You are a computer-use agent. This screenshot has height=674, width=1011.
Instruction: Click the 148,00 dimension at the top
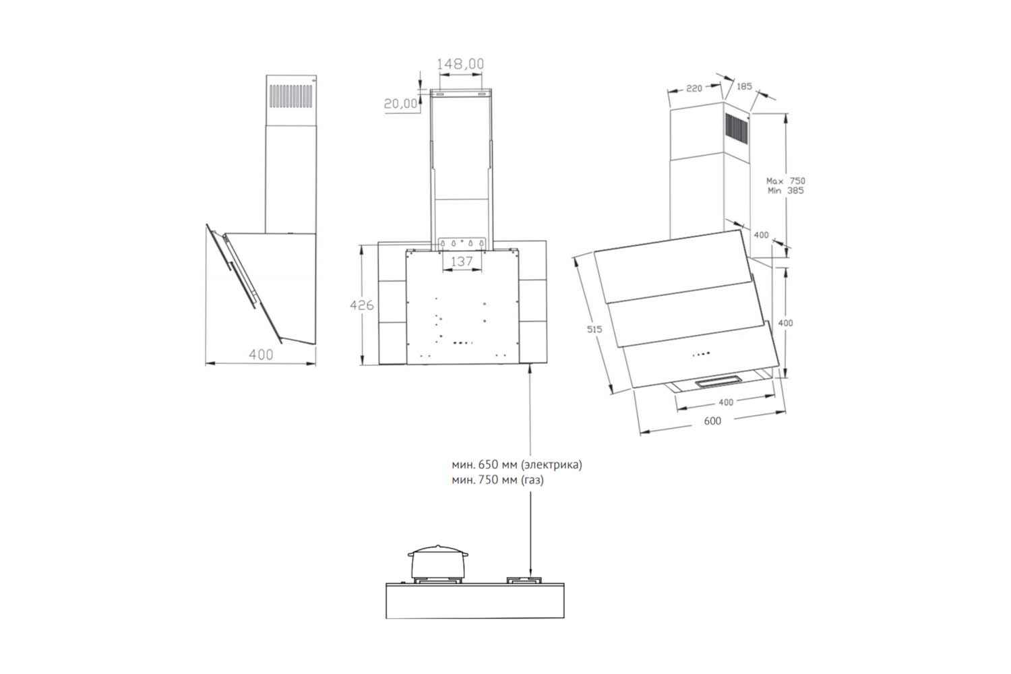tap(460, 64)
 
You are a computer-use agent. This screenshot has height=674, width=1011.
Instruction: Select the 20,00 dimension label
tap(400, 104)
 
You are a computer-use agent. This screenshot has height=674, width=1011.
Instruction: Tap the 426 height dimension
tap(362, 305)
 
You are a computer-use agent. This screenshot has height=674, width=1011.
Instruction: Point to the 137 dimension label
tap(461, 262)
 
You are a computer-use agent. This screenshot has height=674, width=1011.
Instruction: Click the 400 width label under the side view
tap(261, 355)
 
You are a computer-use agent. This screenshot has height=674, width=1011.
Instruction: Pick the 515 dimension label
tap(594, 330)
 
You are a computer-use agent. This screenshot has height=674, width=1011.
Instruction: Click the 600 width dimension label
tap(712, 421)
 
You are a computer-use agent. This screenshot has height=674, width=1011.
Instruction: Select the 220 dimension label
tap(694, 88)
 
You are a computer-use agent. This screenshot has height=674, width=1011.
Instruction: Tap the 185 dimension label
tap(744, 86)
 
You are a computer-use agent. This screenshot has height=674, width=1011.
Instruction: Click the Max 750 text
tap(786, 181)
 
